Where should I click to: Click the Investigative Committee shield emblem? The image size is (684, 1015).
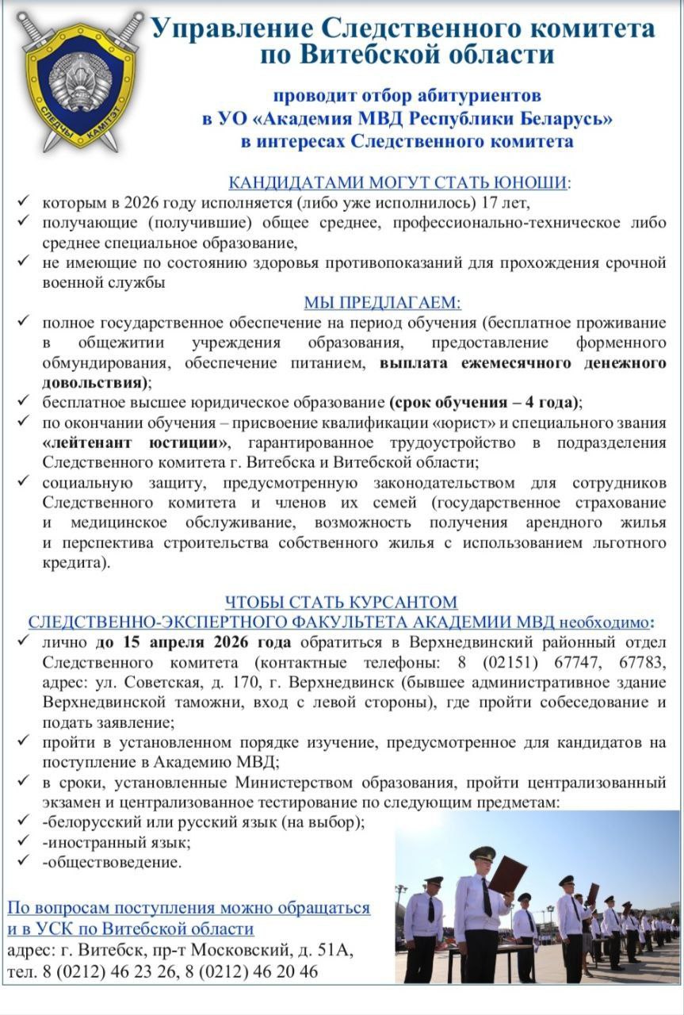click(x=79, y=82)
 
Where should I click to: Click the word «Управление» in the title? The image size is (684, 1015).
click(x=231, y=29)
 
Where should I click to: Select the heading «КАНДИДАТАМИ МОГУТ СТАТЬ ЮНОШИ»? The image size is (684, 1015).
click(x=398, y=182)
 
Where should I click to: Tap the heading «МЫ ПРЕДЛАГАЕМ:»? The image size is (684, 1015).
click(x=382, y=302)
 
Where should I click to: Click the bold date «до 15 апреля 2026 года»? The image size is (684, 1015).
click(x=193, y=642)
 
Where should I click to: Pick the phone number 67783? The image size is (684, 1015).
click(x=643, y=661)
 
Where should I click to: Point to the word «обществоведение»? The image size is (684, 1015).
click(x=113, y=862)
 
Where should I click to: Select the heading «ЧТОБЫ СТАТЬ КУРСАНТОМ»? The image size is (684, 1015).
click(x=341, y=602)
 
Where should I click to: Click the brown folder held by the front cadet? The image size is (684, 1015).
click(x=507, y=875)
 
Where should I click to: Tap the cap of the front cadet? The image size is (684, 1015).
click(x=483, y=854)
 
